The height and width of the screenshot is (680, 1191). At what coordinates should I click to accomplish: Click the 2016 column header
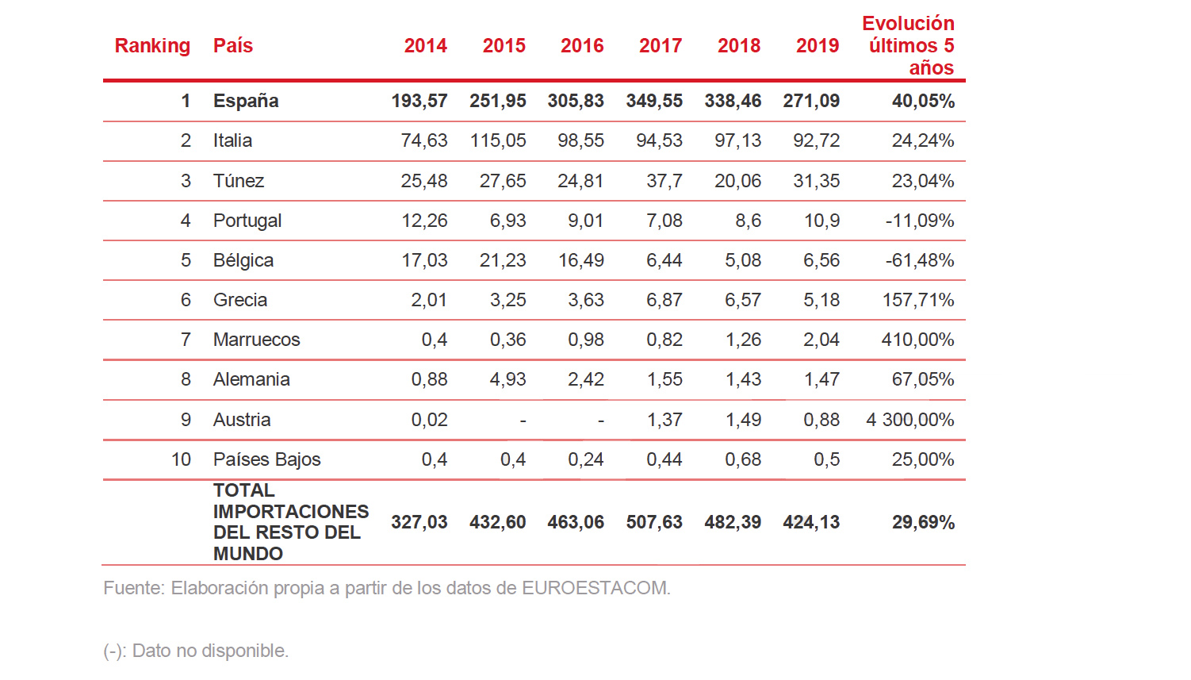point(582,46)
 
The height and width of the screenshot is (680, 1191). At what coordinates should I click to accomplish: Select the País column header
point(233,46)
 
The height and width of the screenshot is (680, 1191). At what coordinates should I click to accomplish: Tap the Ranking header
point(152,46)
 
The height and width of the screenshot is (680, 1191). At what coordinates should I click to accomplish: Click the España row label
point(246,102)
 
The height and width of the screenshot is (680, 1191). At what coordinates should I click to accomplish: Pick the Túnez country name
point(239,181)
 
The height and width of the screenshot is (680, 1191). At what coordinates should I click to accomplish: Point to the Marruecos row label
point(256,340)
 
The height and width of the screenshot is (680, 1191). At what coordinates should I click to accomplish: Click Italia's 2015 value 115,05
point(498,141)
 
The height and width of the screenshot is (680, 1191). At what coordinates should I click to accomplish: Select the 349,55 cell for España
point(654,102)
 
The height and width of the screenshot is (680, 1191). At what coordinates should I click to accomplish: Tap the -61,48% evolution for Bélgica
point(920,260)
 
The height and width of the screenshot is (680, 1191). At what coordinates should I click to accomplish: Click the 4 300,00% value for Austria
point(910,420)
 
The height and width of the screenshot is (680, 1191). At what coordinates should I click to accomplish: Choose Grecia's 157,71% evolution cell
point(918,300)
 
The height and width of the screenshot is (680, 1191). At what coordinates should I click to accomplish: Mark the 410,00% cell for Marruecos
point(917,340)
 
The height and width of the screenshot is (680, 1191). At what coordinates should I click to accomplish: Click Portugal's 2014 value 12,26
point(424,221)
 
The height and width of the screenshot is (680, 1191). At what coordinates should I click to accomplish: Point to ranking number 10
point(181,459)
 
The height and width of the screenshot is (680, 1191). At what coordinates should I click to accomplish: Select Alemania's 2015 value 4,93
point(507,379)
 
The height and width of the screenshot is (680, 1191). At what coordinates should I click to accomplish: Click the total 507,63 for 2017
point(654,522)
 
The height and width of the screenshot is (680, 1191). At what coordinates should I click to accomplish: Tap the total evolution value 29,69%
point(923,522)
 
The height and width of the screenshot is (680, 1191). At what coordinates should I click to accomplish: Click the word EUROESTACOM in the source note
point(595,588)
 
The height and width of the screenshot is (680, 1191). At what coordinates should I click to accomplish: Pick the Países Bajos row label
point(266,459)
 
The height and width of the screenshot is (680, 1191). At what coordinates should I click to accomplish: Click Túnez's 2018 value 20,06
point(737,181)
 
